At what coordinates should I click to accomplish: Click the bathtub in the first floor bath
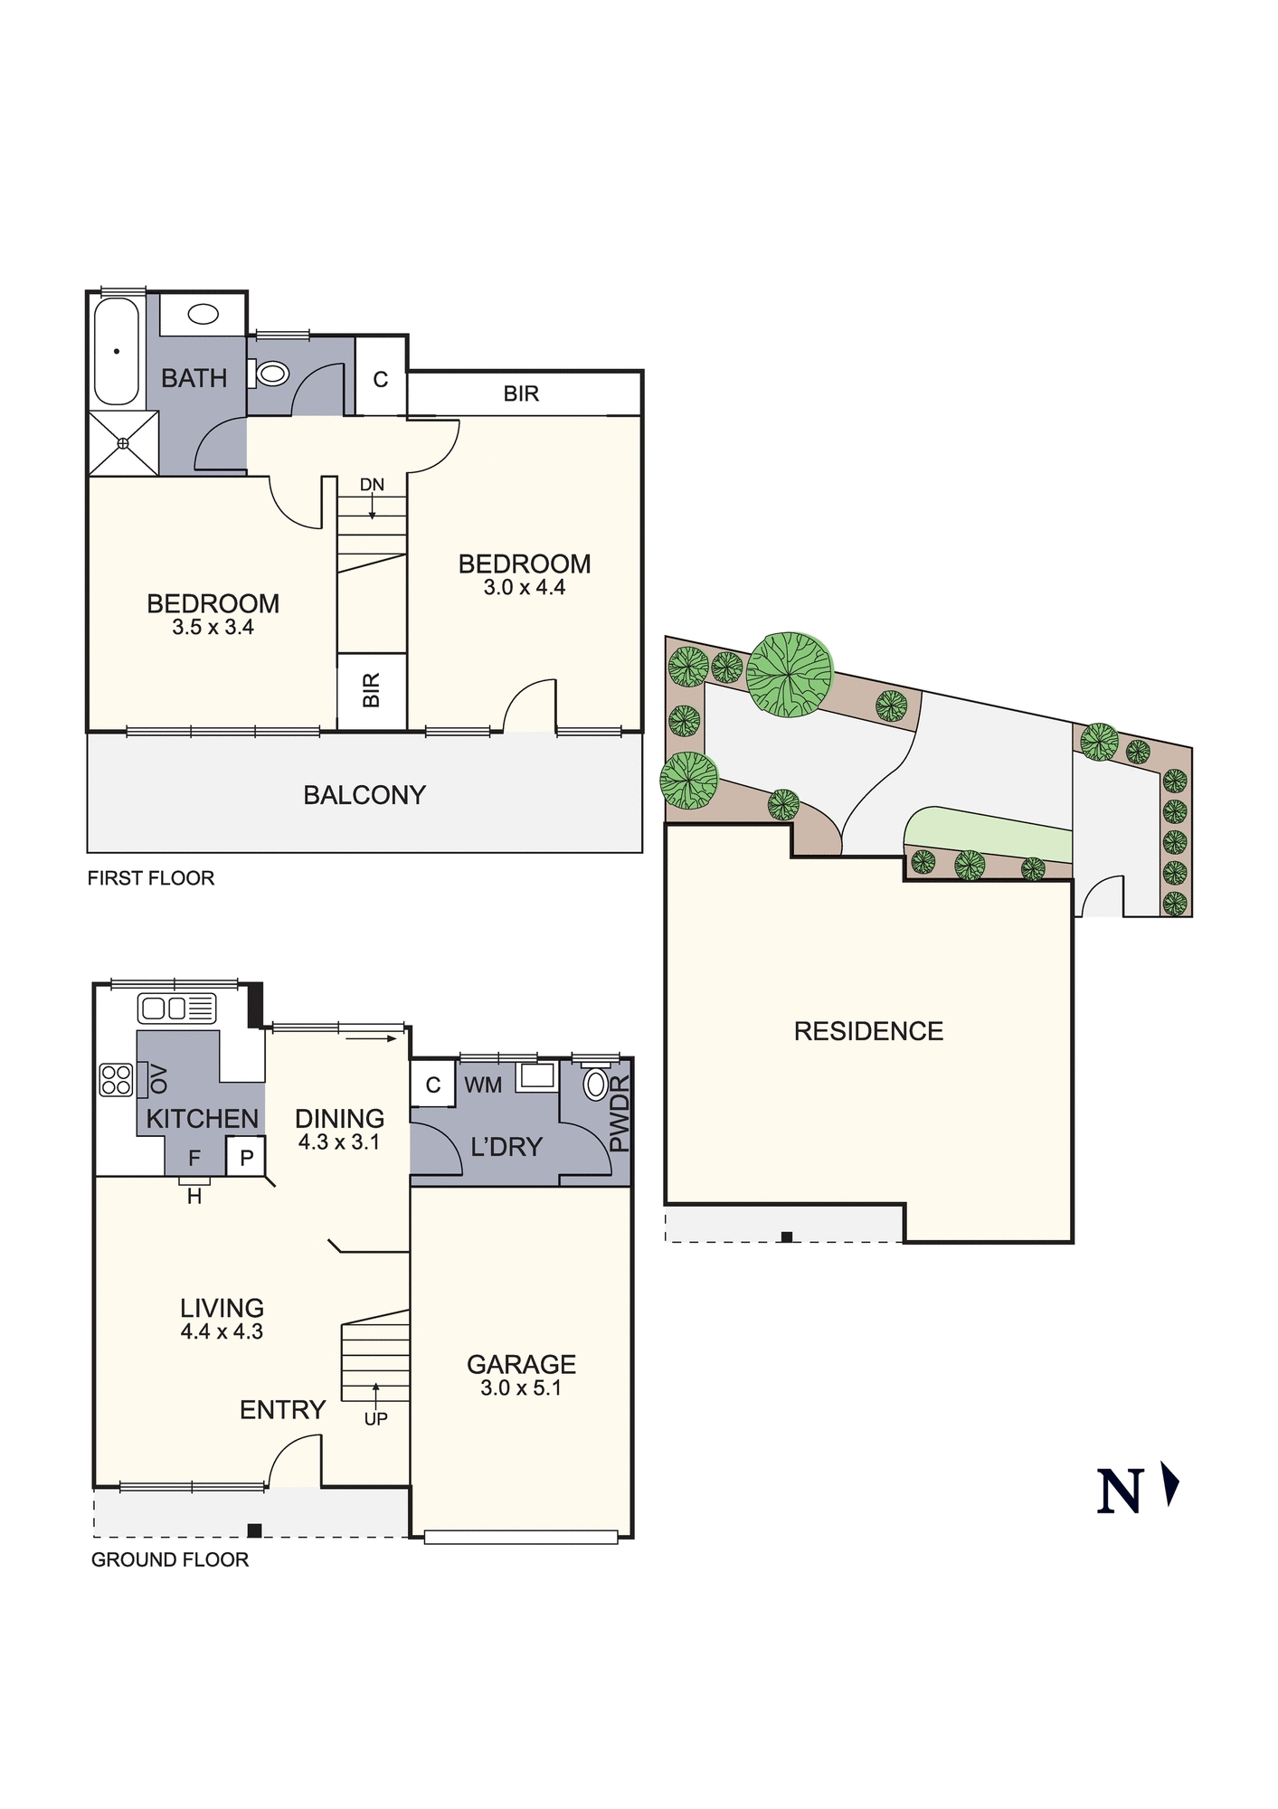click(117, 351)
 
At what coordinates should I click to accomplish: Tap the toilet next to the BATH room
click(270, 373)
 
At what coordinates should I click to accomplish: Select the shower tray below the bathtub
click(123, 443)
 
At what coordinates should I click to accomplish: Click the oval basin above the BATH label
click(204, 315)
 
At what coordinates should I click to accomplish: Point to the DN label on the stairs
click(372, 485)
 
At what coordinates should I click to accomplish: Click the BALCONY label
click(364, 795)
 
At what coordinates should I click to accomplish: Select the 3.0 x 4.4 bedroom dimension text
click(525, 588)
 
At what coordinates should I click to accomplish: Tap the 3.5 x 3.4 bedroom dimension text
click(213, 628)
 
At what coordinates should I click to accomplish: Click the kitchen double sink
click(176, 1008)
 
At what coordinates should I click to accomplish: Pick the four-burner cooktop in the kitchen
click(116, 1080)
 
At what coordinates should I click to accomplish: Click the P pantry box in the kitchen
click(246, 1158)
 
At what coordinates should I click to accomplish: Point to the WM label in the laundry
click(483, 1085)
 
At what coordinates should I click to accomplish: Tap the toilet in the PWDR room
click(595, 1084)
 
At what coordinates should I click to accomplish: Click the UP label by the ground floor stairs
click(376, 1419)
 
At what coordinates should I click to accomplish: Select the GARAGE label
click(521, 1364)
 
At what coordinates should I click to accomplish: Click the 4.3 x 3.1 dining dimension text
click(339, 1142)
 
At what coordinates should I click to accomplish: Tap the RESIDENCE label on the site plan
click(868, 1031)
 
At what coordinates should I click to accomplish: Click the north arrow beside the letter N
click(1171, 1486)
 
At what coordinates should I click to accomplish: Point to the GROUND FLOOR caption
click(170, 1559)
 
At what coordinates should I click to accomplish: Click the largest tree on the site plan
click(789, 675)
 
